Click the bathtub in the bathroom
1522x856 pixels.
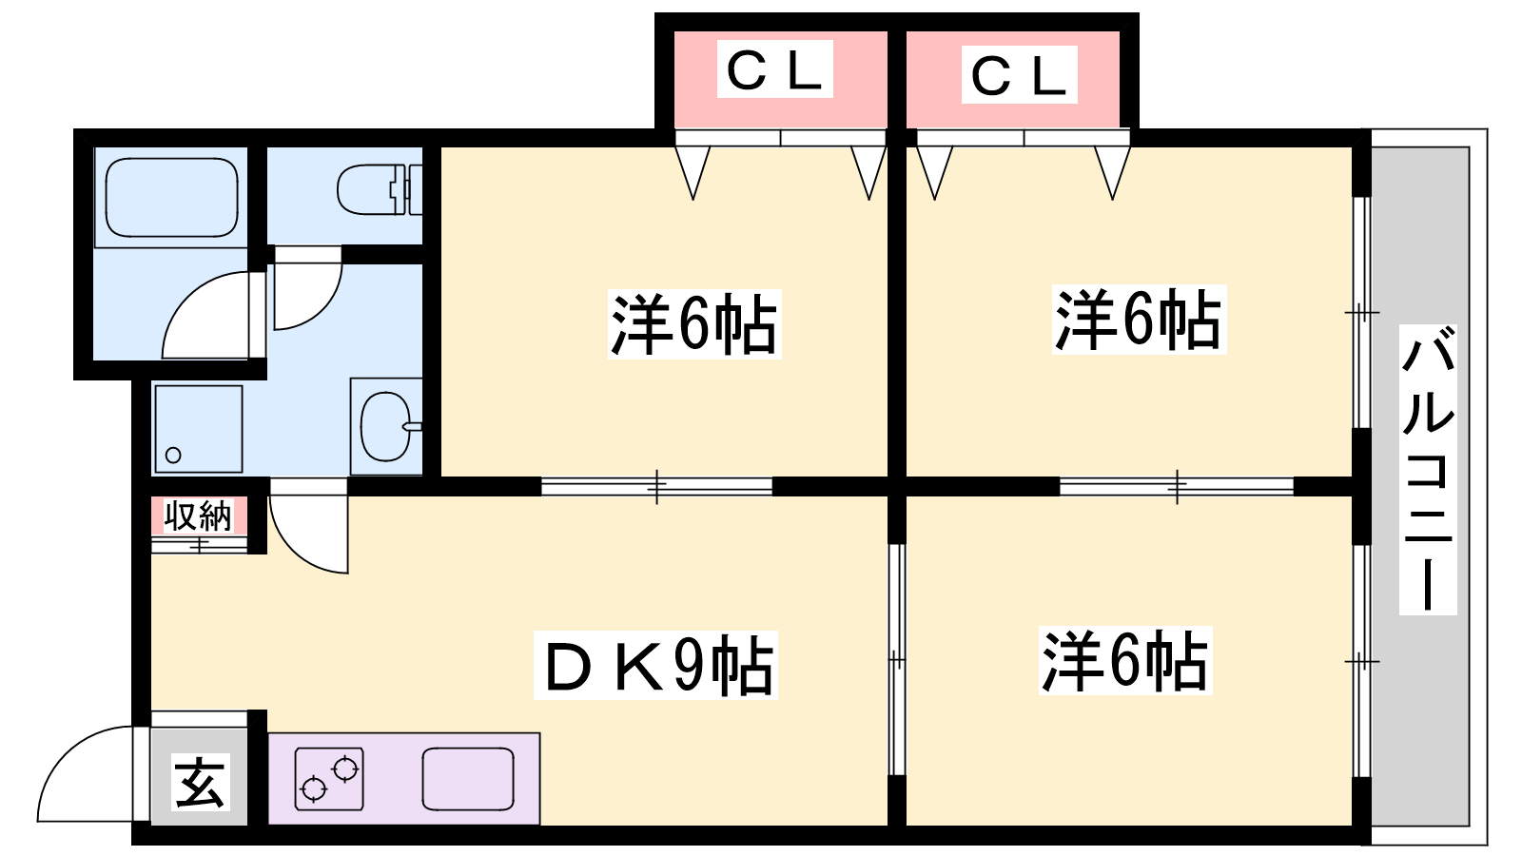(x=171, y=197)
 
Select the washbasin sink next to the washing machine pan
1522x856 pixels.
(x=386, y=426)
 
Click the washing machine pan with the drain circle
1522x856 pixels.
(x=198, y=429)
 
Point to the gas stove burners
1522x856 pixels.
(x=329, y=778)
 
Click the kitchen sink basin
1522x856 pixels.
(x=468, y=778)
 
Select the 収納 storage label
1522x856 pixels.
(x=198, y=516)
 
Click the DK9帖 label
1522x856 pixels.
(x=656, y=666)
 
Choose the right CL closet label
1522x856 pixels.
(x=1018, y=75)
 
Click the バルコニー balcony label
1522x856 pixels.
(x=1428, y=469)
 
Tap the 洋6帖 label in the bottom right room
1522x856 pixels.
(x=1124, y=660)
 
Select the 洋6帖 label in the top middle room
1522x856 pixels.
(x=693, y=324)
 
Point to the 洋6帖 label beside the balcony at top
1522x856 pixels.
(x=1138, y=320)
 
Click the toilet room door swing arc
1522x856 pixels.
(x=306, y=295)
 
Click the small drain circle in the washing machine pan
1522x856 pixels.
(x=173, y=455)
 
